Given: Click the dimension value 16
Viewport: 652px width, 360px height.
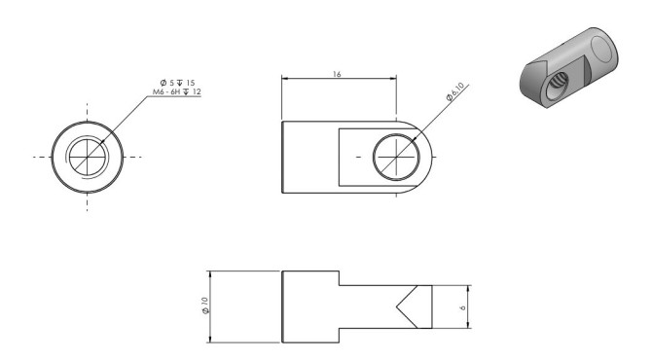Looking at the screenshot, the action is pos(337,74).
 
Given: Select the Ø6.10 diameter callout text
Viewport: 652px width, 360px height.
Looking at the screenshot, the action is pos(454,91).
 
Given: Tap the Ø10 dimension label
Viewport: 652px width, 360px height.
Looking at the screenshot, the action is pos(205,306).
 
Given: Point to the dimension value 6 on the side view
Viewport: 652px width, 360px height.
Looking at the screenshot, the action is pos(463,307).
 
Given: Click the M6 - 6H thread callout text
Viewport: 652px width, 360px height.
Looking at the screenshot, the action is pos(166,91).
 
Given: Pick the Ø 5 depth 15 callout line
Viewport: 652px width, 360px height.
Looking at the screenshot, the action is pos(177,83).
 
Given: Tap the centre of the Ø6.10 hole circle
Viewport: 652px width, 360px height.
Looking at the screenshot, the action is pos(396,158).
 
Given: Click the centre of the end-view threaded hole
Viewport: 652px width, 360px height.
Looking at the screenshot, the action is pos(87,158).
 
